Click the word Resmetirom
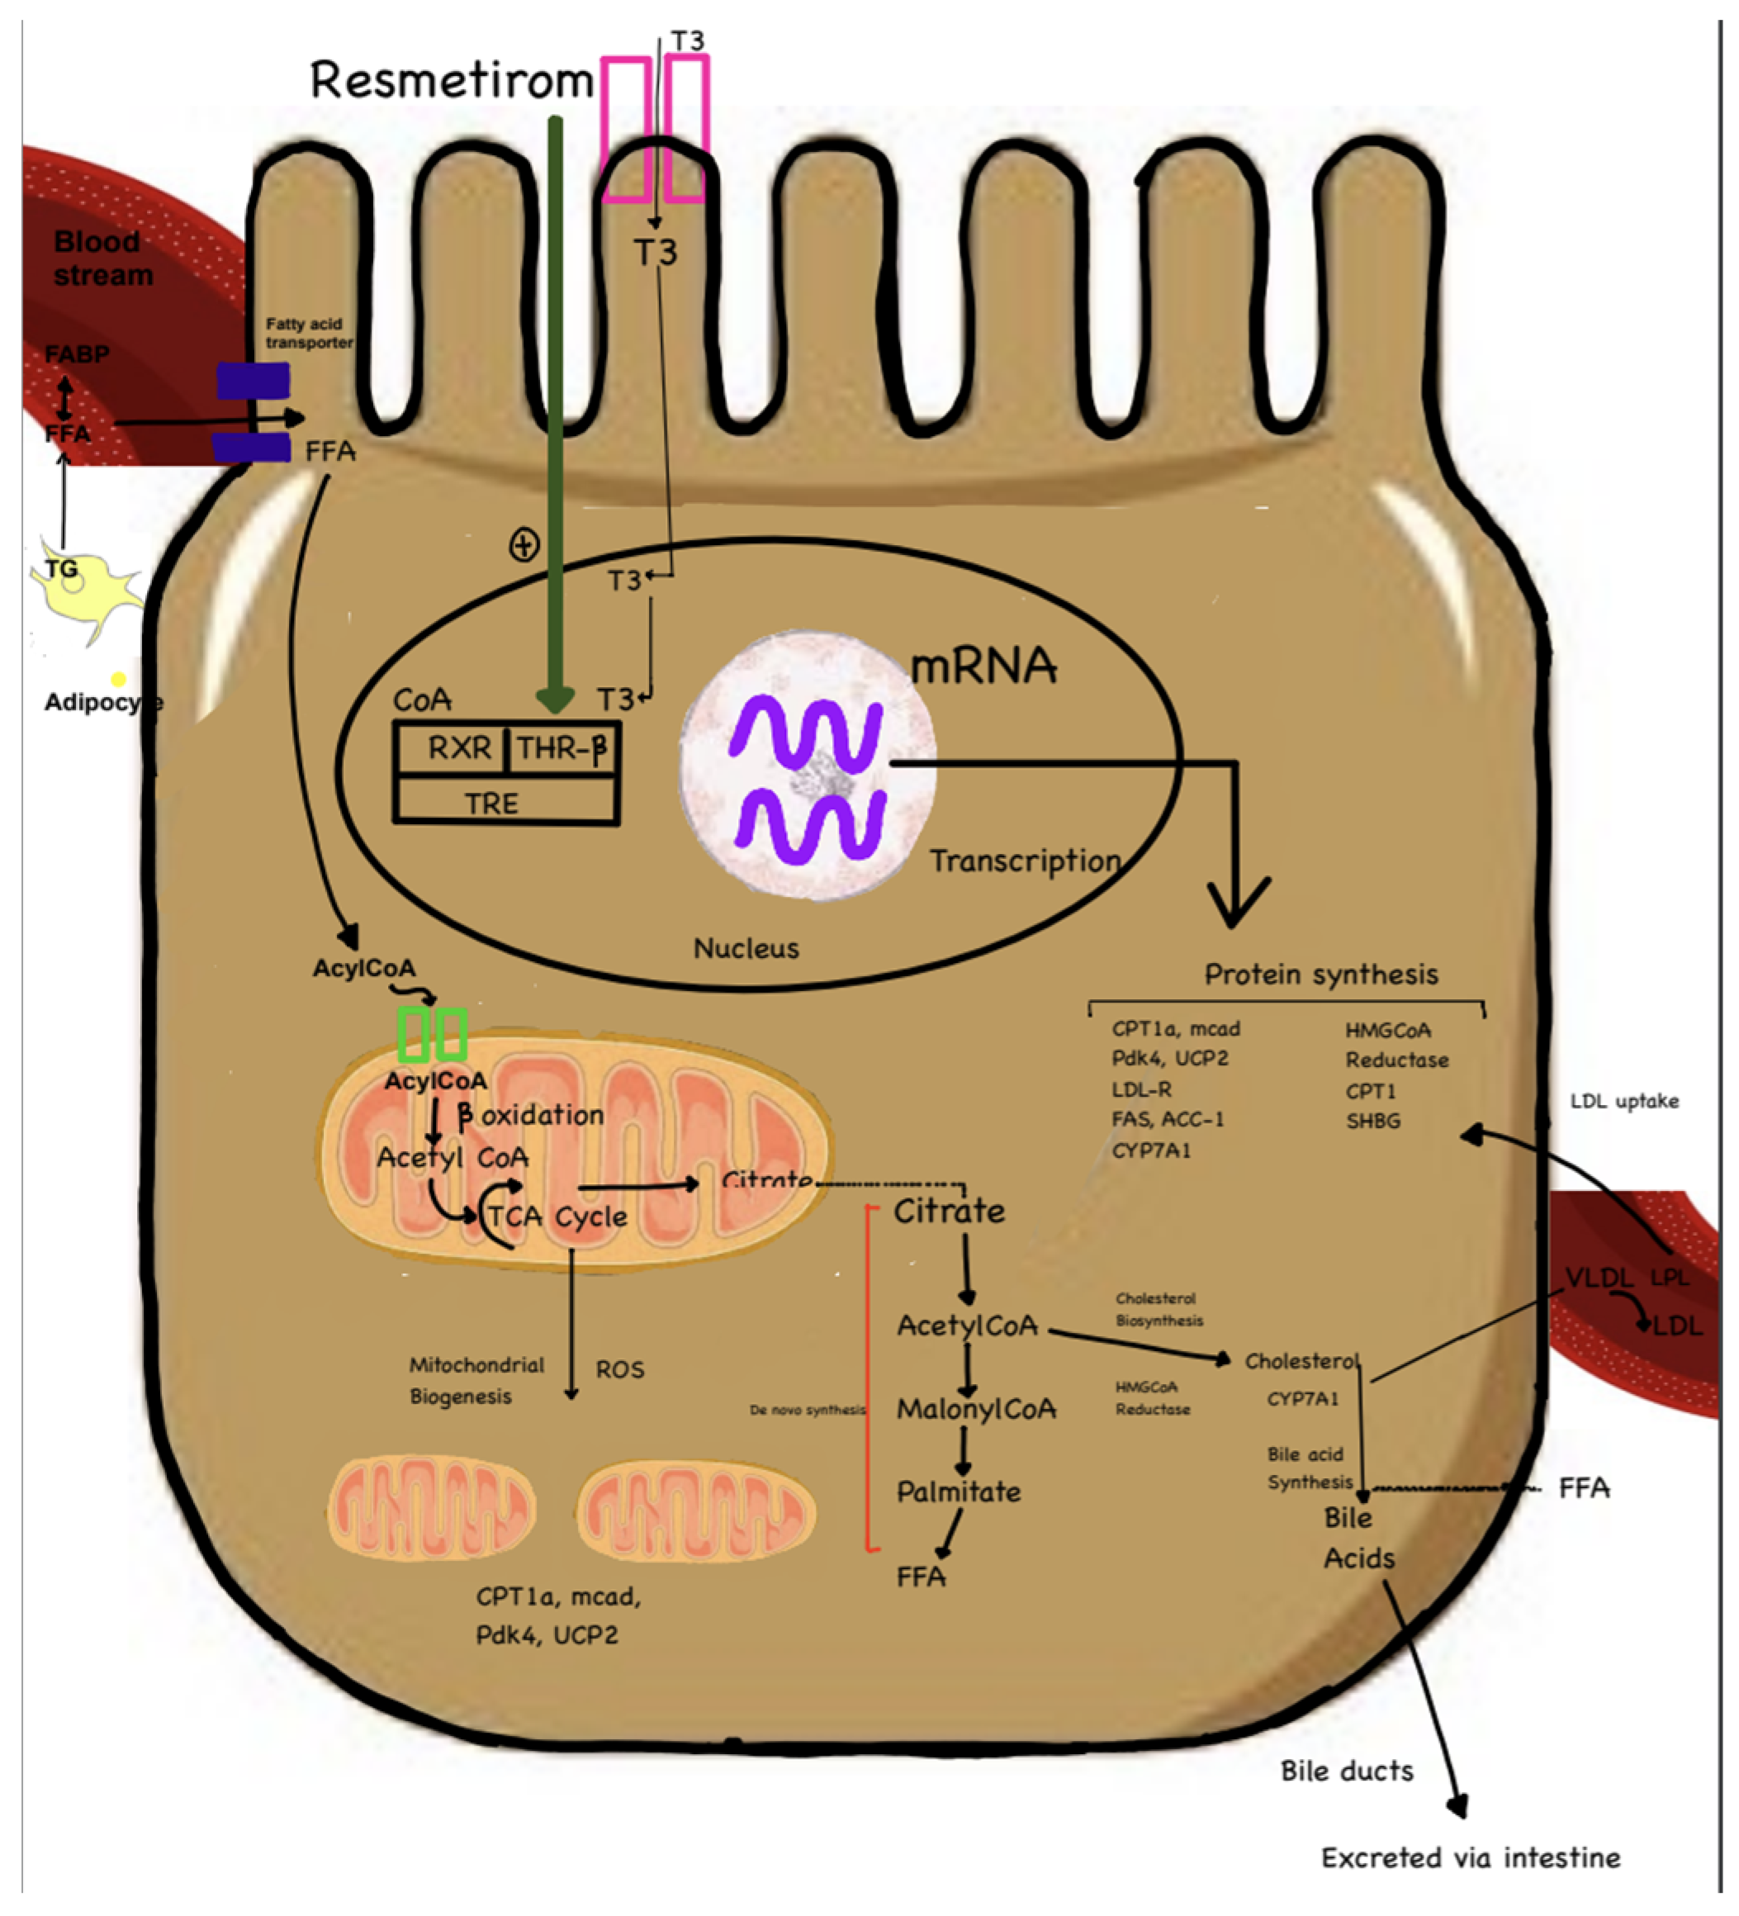452,80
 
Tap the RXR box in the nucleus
459,748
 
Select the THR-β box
561,749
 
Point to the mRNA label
983,666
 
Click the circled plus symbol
524,546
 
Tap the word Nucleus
746,947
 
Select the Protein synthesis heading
1321,975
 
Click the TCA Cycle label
558,1216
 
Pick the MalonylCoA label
976,1408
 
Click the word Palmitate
958,1492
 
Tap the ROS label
619,1369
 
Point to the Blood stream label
102,258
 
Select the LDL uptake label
1624,1101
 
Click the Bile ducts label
1347,1771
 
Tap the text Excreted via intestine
1470,1857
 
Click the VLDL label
1599,1278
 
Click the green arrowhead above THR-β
555,700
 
